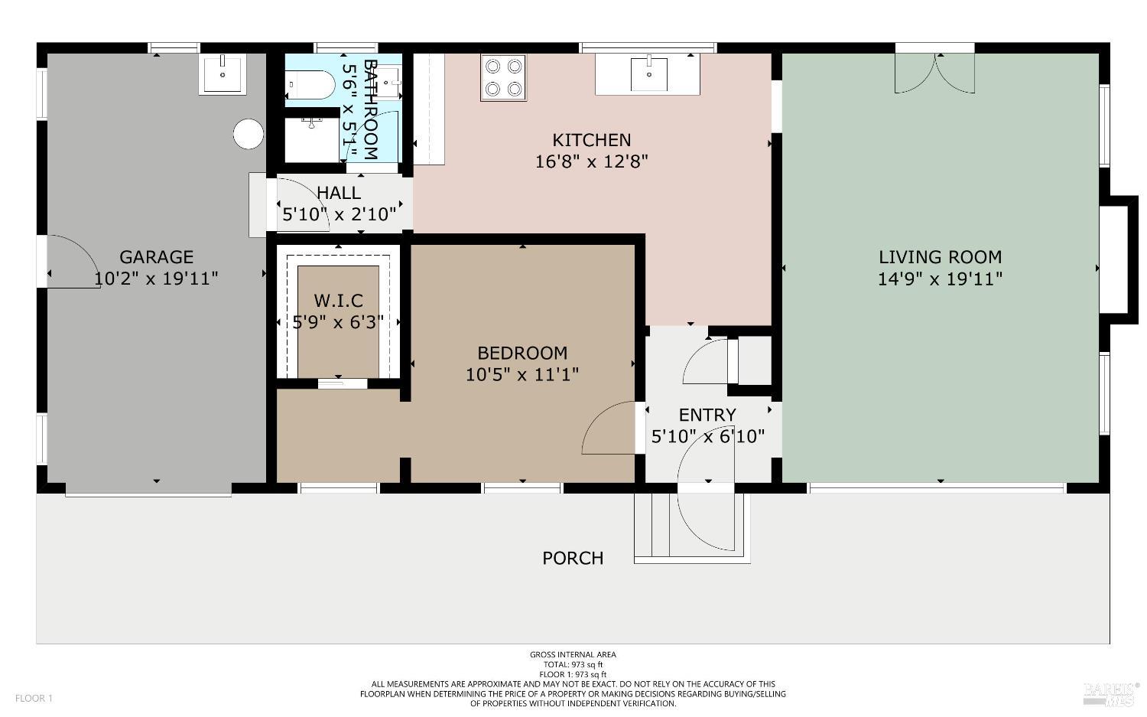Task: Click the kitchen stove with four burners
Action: click(503, 77)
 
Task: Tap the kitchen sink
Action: click(648, 74)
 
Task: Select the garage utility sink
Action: click(223, 74)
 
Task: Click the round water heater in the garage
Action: click(248, 134)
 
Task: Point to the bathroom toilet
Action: click(312, 85)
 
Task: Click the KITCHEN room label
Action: click(591, 140)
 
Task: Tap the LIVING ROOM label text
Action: click(940, 257)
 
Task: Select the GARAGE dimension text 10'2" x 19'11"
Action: click(156, 279)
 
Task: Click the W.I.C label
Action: click(338, 301)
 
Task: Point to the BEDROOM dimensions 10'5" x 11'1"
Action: click(522, 375)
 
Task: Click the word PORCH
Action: click(573, 558)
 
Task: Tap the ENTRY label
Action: click(707, 415)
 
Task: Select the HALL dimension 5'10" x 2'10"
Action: click(339, 214)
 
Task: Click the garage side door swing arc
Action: click(73, 261)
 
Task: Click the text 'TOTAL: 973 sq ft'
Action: click(573, 665)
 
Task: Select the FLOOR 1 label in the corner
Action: click(34, 698)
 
